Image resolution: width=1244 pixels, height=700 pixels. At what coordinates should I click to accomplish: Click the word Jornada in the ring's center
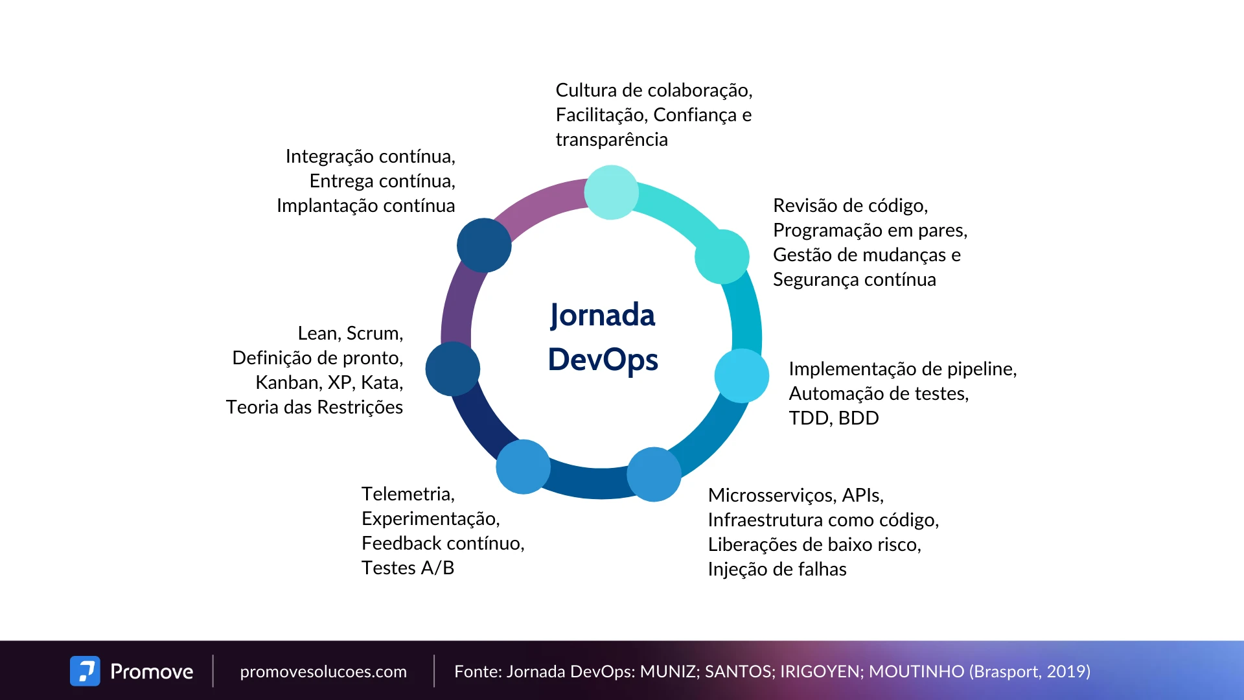pos(603,316)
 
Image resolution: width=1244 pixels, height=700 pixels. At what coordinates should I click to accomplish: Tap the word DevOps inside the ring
pos(603,360)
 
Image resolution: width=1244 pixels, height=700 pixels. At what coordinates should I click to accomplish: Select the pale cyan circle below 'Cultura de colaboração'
pos(611,192)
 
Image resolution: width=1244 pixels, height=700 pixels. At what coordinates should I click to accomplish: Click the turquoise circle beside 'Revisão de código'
pos(722,257)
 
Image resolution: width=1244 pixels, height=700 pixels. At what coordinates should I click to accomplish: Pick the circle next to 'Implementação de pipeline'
pos(741,376)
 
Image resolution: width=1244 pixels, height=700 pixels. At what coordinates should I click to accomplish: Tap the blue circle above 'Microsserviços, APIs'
pos(654,474)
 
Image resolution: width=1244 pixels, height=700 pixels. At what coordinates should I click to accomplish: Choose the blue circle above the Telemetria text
pos(523,467)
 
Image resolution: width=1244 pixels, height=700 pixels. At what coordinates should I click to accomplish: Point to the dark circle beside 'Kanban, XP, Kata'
pos(452,369)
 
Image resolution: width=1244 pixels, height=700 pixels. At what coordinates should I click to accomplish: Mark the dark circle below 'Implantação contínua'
pos(484,245)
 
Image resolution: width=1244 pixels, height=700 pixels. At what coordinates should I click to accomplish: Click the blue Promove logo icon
pos(85,671)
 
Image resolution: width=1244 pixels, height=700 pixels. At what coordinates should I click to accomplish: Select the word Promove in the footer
pos(152,671)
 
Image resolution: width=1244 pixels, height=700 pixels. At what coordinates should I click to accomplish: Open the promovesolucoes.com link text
pos(323,671)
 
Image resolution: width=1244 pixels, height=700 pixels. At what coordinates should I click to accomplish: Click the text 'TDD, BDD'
pos(834,418)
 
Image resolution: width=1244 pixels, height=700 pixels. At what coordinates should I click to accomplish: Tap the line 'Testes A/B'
pos(408,568)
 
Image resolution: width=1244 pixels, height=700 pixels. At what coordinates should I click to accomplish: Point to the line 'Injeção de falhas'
pos(777,569)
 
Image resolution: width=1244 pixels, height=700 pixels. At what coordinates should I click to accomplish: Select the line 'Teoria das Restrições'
pos(314,407)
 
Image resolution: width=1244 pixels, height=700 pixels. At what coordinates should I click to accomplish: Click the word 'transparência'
pos(612,139)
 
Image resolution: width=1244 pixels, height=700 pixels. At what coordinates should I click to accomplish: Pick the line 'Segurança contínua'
pos(854,279)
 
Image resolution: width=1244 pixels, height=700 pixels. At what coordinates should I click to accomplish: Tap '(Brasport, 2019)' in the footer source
pos(1030,671)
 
